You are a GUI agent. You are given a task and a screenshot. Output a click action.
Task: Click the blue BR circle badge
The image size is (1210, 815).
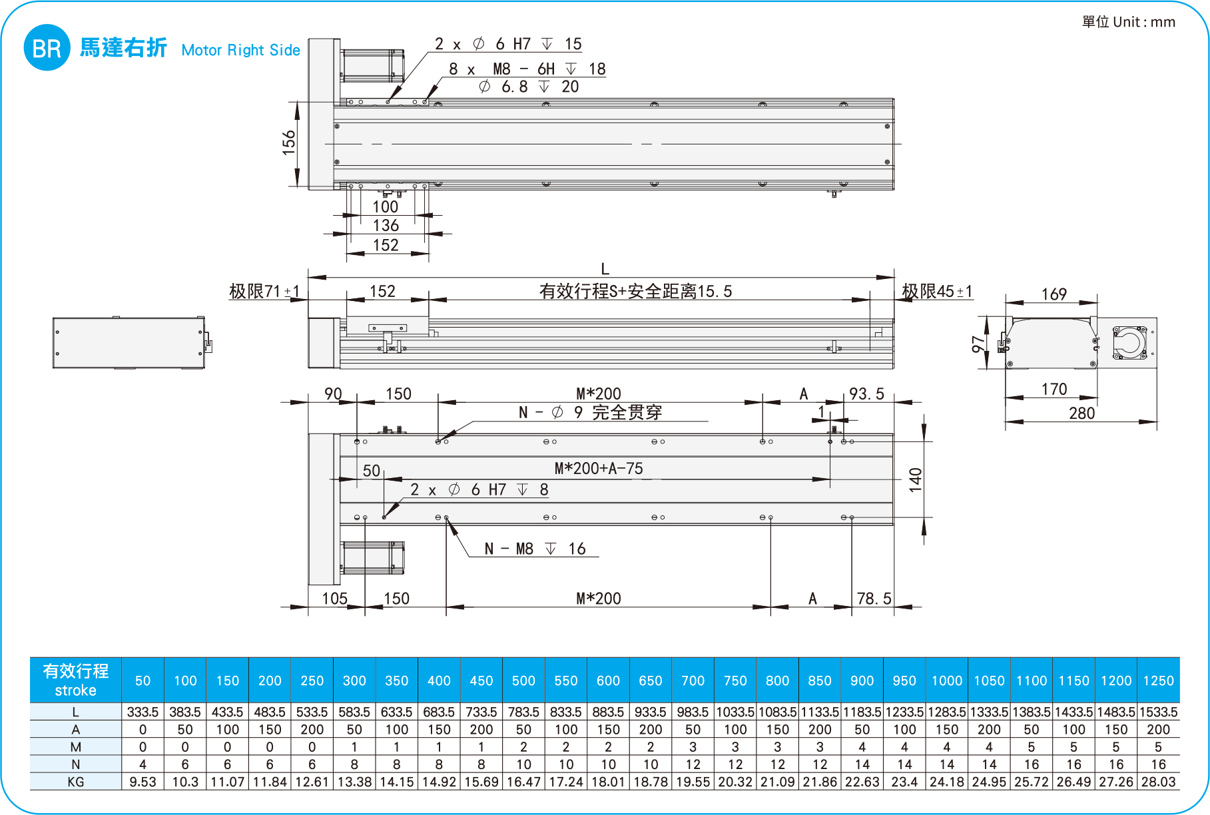[x=47, y=48]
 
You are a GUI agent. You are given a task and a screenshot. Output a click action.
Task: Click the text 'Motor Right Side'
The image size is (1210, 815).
[x=240, y=50]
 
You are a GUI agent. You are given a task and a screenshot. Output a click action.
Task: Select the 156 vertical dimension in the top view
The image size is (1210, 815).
[x=288, y=143]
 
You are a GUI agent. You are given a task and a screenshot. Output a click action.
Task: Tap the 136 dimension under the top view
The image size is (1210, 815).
[x=386, y=226]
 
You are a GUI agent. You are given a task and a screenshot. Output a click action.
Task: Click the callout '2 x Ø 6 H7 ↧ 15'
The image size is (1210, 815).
[x=508, y=44]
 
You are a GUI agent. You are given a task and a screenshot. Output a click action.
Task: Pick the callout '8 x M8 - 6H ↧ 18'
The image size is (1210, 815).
[x=527, y=69]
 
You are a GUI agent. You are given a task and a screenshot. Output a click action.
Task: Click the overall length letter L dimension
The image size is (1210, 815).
[x=605, y=269]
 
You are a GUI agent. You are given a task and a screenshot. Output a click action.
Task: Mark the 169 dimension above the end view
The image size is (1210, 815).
[x=1054, y=294]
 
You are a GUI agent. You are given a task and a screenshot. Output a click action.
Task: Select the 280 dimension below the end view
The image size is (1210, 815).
[x=1082, y=413]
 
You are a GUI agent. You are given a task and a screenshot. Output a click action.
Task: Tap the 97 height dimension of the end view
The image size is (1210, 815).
[x=978, y=344]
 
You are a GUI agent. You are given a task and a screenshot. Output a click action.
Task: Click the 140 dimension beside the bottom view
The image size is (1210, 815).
[x=916, y=479]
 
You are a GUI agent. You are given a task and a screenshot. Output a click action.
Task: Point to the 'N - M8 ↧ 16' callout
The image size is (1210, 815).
[x=535, y=549]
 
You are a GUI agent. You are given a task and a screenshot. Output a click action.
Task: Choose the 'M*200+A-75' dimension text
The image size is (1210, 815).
[x=599, y=469]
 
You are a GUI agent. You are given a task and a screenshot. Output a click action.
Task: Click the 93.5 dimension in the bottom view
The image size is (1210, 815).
[x=866, y=394]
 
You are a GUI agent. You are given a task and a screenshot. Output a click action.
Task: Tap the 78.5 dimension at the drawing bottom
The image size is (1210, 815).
[x=874, y=599]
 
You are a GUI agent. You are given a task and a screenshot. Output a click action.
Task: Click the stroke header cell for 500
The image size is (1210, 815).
[x=523, y=680]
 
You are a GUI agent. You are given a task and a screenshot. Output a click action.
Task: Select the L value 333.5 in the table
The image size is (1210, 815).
[x=143, y=712]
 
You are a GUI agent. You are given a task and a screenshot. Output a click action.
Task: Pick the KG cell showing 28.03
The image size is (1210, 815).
[x=1158, y=782]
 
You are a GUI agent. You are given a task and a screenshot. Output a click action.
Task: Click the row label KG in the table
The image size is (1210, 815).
[x=76, y=782]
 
